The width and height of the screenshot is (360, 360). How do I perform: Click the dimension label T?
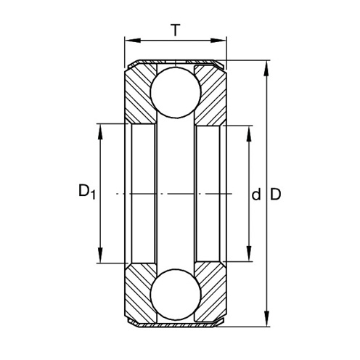pos(176,30)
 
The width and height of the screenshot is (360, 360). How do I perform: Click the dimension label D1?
pos(87,192)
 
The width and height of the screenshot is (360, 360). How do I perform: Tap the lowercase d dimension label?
pos(256,195)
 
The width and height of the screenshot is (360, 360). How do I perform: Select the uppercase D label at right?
pos(275,194)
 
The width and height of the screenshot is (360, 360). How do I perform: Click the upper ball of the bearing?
pos(176,93)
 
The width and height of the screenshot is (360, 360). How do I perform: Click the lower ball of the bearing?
pos(176,295)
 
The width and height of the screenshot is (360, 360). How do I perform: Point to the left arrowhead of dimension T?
pos(133,41)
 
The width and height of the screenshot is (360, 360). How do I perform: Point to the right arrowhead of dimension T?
pos(218,41)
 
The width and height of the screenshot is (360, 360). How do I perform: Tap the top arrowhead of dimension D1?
pos(100,132)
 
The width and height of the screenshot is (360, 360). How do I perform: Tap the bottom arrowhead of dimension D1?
pos(100,255)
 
